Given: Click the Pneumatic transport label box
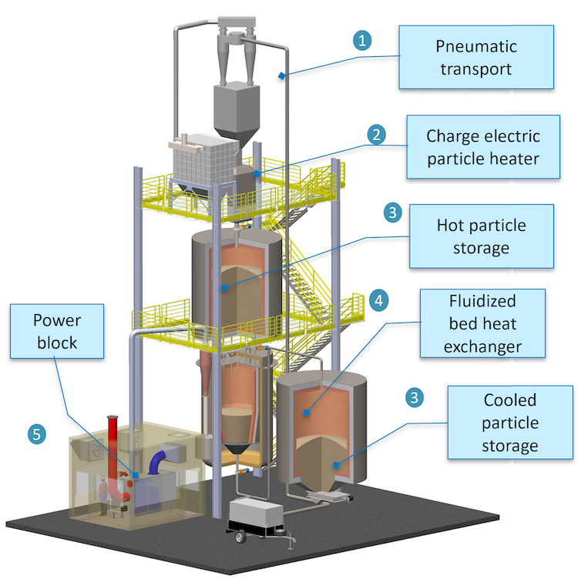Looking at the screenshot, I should (476, 57).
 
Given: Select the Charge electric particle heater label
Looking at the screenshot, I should (483, 147).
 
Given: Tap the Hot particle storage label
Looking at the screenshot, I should (482, 236).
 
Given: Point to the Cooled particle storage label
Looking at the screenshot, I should (499, 423).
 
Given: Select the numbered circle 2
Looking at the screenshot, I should (376, 135).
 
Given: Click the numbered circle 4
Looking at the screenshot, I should (378, 299).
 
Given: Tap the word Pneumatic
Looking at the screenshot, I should (476, 46).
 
